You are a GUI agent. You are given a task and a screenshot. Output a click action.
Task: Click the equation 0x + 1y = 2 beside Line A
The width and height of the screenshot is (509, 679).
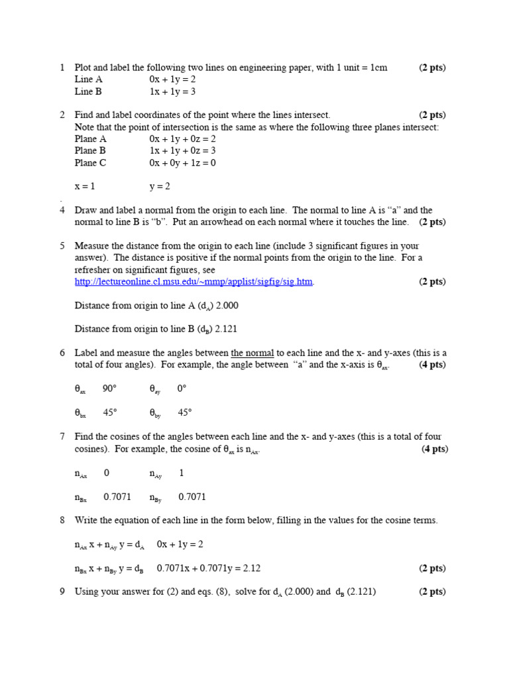point(172,80)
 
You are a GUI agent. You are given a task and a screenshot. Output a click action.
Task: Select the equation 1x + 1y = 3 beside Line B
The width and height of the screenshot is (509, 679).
point(172,92)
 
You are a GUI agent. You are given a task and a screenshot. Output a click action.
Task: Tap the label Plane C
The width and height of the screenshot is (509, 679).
point(91,162)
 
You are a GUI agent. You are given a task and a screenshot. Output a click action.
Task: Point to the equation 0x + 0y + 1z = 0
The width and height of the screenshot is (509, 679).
point(183,162)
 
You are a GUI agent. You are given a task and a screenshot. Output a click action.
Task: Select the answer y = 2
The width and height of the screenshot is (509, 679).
point(160,186)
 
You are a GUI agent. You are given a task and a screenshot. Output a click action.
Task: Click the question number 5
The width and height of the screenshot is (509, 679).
point(62,246)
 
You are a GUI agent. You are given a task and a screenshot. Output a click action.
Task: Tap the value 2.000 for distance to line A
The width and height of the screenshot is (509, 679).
point(227,306)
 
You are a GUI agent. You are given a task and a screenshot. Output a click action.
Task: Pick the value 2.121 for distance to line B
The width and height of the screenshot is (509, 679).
point(227,329)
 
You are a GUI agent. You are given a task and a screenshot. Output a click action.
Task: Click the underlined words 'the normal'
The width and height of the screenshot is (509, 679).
point(252,353)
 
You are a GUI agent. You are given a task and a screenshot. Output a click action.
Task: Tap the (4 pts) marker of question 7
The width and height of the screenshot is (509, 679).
point(435,449)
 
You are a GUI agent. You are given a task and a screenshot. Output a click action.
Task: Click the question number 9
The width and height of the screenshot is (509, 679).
point(62,591)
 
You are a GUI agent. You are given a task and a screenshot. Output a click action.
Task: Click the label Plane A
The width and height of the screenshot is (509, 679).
point(91,139)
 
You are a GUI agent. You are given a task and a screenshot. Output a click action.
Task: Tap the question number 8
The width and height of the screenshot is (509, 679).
point(62,521)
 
